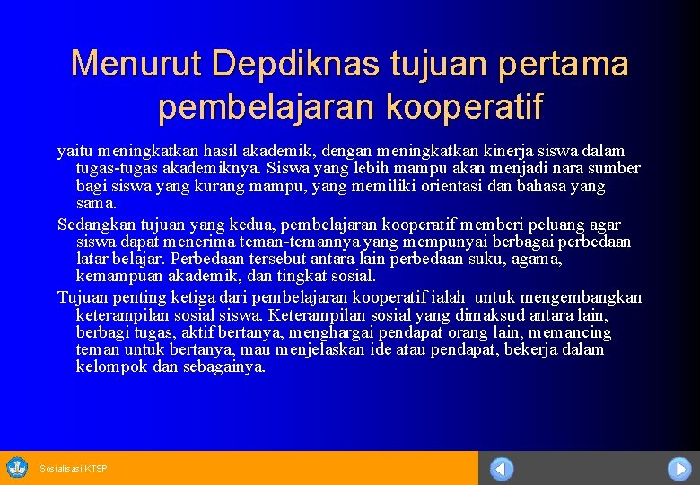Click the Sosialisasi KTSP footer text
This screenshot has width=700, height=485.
(x=74, y=469)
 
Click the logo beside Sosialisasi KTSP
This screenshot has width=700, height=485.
(x=17, y=467)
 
